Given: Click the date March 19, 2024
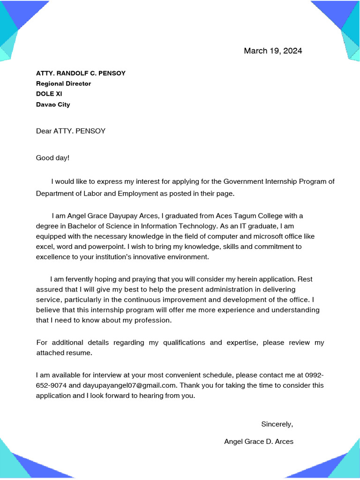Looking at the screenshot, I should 273,51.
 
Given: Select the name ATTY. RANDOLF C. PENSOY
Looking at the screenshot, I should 81,73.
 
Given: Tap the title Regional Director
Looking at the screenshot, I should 63,83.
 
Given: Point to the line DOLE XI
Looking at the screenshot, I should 49,94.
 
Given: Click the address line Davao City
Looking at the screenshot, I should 53,105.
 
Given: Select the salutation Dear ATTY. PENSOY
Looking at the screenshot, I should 71,131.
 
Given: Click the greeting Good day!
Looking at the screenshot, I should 52,157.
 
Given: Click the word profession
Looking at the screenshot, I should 148,320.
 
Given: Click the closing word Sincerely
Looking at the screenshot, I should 276,424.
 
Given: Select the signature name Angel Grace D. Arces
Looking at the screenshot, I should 259,442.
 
